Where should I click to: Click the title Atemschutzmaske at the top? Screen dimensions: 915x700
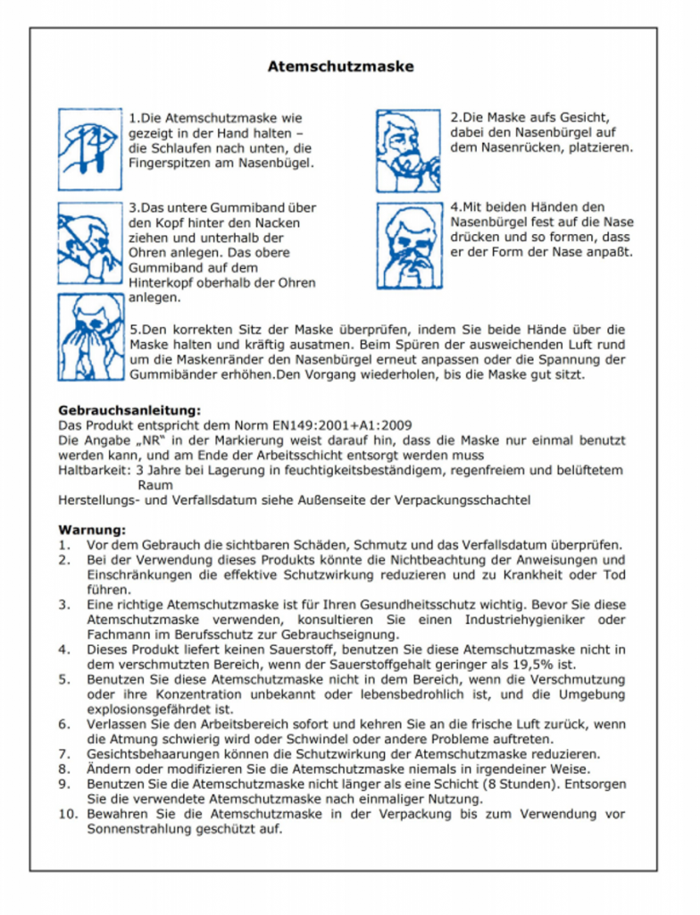pyautogui.click(x=340, y=67)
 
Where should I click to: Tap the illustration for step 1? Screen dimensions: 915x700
pyautogui.click(x=90, y=148)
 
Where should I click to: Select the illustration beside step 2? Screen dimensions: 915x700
pyautogui.click(x=408, y=151)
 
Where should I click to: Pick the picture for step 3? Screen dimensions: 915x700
pyautogui.click(x=90, y=243)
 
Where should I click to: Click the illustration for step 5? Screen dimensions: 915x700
pyautogui.click(x=90, y=335)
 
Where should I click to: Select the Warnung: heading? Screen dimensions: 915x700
pyautogui.click(x=92, y=529)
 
